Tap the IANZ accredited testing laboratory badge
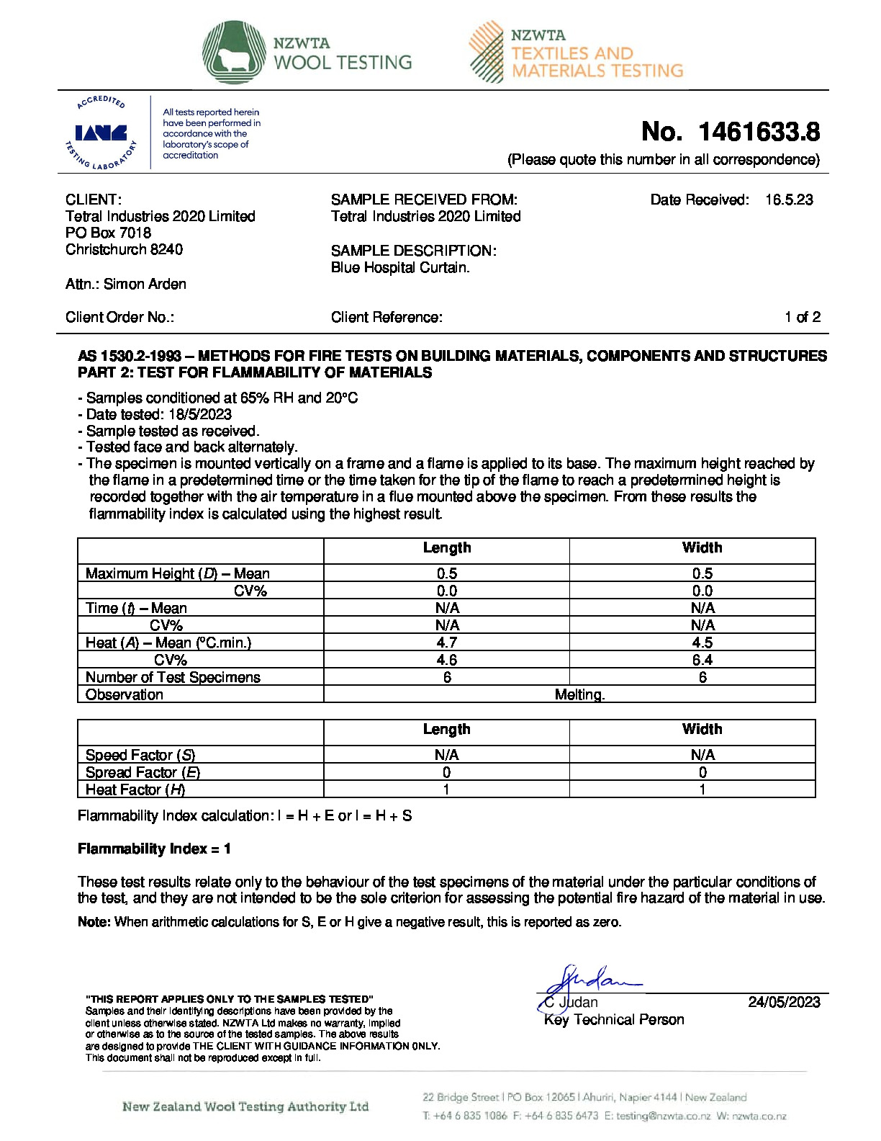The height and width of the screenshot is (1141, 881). click(x=101, y=133)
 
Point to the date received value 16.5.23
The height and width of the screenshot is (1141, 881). click(x=789, y=200)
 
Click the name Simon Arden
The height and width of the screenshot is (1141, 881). click(x=145, y=284)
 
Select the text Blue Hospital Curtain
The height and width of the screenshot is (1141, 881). click(x=400, y=267)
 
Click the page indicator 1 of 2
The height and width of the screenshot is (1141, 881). click(x=802, y=317)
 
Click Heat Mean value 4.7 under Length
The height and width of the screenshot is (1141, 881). click(x=446, y=643)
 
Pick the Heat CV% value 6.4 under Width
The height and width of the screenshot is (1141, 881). click(x=702, y=660)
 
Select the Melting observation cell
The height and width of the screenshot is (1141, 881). click(x=579, y=694)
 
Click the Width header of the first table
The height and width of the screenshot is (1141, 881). click(x=702, y=548)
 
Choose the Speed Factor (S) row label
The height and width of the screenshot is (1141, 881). click(x=140, y=755)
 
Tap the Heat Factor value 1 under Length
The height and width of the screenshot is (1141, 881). click(x=446, y=789)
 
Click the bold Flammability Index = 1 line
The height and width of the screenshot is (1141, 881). click(x=154, y=849)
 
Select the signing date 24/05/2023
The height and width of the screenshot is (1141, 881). click(x=784, y=1002)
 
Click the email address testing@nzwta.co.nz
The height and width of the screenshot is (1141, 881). click(x=663, y=1116)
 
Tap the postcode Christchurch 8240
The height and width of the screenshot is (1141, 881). click(x=124, y=249)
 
